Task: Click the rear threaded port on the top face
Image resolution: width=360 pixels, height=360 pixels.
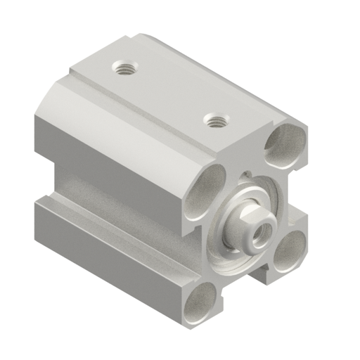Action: (126, 69)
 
